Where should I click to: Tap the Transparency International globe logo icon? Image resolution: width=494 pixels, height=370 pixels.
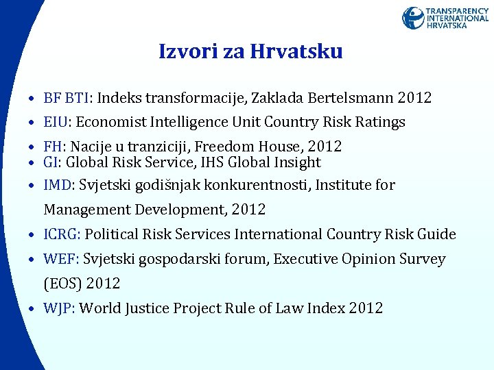413,18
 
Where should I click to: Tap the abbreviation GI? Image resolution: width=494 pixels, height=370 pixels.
51,162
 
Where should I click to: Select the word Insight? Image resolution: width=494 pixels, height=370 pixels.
298,162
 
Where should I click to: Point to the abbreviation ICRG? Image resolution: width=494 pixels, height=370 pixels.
62,234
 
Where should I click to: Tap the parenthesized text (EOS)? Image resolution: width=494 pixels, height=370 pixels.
62,283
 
